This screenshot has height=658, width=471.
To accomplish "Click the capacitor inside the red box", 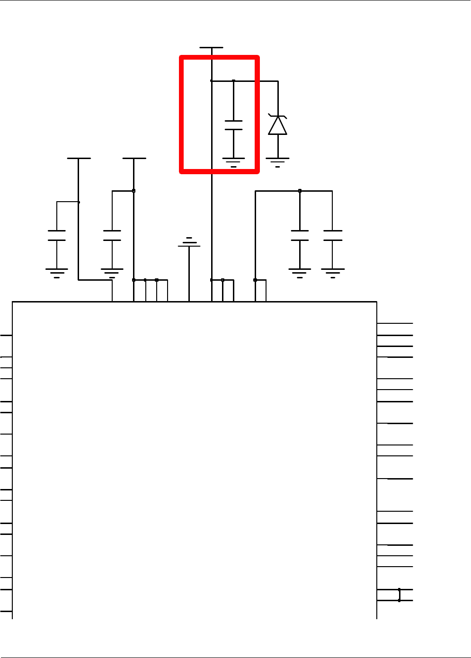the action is click(x=233, y=125).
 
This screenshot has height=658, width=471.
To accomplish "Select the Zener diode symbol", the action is click(x=277, y=125).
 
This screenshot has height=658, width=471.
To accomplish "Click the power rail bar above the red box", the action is click(x=211, y=48).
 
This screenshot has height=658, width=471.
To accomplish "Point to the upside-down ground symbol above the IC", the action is click(x=189, y=242).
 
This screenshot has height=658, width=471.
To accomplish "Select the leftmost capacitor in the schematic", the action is click(x=57, y=235).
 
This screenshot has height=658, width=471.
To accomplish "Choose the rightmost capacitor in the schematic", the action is click(x=332, y=235).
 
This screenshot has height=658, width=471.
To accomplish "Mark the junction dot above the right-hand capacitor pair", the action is click(x=300, y=191).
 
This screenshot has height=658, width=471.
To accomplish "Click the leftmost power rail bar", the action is click(x=79, y=159).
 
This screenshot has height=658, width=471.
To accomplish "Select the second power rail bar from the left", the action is click(x=134, y=159).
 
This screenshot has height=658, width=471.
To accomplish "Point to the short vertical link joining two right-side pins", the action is click(x=399, y=595).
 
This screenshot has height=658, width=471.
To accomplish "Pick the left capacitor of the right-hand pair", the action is click(x=300, y=235).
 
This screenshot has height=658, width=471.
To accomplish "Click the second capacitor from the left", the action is click(x=112, y=235).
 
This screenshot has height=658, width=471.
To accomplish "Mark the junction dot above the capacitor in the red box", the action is click(x=233, y=81).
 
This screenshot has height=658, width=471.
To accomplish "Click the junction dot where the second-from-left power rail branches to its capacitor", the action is click(x=134, y=191).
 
